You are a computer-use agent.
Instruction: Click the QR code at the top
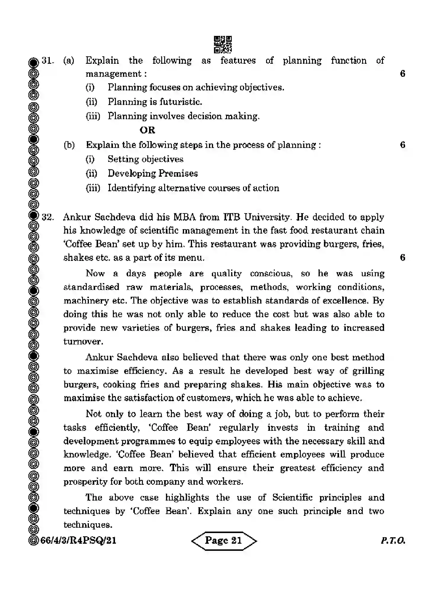pyautogui.click(x=223, y=44)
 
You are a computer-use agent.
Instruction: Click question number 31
pyautogui.click(x=47, y=60)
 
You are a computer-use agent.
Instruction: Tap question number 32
pyautogui.click(x=47, y=217)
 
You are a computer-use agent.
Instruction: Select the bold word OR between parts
pyautogui.click(x=147, y=130)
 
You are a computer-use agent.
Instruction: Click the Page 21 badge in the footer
pyautogui.click(x=224, y=540)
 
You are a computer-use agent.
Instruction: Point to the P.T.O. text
pyautogui.click(x=393, y=540)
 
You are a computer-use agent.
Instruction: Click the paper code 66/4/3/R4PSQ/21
pyautogui.click(x=78, y=540)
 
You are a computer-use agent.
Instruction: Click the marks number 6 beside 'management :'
pyautogui.click(x=402, y=74)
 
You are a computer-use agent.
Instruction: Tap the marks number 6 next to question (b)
pyautogui.click(x=402, y=145)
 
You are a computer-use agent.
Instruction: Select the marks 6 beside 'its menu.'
pyautogui.click(x=402, y=257)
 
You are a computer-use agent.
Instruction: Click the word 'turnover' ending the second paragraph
pyautogui.click(x=83, y=342)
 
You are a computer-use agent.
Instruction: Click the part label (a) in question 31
pyautogui.click(x=69, y=60)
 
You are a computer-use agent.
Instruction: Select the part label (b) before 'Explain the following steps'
pyautogui.click(x=69, y=145)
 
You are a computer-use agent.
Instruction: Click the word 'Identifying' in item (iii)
pyautogui.click(x=131, y=188)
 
